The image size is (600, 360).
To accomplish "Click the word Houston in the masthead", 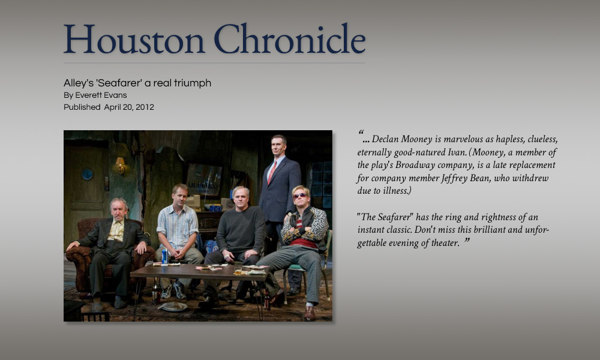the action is (134, 39).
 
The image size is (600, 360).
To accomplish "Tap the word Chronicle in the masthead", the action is (289, 38).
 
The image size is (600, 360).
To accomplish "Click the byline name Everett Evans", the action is (101, 95).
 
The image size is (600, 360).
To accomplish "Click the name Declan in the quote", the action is (386, 139).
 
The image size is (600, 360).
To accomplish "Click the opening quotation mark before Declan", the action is (361, 133).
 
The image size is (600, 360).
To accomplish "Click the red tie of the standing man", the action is (272, 173).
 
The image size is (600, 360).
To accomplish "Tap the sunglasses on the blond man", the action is (299, 196).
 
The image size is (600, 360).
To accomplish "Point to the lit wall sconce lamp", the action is (121, 165).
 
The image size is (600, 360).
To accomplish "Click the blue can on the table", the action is (165, 256).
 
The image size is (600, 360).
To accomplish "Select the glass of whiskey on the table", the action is (238, 270).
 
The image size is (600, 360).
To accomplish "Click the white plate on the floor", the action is (173, 306).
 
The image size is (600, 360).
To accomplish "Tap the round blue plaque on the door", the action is (87, 174).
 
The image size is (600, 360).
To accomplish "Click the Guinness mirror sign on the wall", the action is (204, 179).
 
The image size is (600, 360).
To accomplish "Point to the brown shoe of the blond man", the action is (310, 313).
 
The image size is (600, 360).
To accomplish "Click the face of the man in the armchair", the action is (118, 209).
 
